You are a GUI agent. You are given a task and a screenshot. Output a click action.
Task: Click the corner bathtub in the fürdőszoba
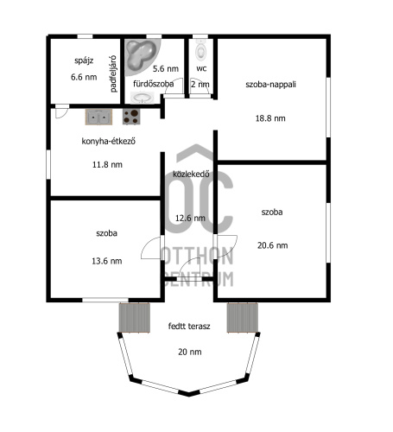pyautogui.click(x=142, y=56)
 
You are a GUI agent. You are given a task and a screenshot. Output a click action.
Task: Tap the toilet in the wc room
pyautogui.click(x=200, y=50)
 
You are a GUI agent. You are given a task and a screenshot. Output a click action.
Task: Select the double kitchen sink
pyautogui.click(x=98, y=117)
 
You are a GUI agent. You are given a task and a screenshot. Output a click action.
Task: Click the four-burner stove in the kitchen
pyautogui.click(x=131, y=117)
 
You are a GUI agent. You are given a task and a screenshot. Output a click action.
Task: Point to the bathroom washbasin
pyautogui.click(x=143, y=98)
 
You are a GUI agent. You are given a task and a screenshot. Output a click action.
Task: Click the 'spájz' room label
pyautogui.click(x=84, y=60)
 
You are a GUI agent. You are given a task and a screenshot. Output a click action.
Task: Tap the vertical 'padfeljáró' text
pyautogui.click(x=113, y=73)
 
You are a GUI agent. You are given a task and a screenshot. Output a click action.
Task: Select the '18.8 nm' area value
pyautogui.click(x=270, y=118)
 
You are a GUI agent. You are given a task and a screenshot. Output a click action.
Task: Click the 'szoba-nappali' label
pyautogui.click(x=270, y=85)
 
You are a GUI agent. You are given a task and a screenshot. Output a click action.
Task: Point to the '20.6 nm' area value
pyautogui.click(x=272, y=245)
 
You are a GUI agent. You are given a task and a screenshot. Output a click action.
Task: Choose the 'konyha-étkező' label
pyautogui.click(x=109, y=141)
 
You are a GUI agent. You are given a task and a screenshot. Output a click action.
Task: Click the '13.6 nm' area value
pyautogui.click(x=107, y=261)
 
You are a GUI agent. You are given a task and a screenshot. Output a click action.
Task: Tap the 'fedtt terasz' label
pyautogui.click(x=189, y=327)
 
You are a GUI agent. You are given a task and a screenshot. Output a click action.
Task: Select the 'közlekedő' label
pyautogui.click(x=191, y=174)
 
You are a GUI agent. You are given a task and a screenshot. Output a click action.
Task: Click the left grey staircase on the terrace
pyautogui.click(x=135, y=318)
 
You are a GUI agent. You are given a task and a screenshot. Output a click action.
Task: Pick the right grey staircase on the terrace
pyautogui.click(x=243, y=318)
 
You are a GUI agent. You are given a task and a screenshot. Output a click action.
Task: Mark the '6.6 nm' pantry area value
pyautogui.click(x=84, y=77)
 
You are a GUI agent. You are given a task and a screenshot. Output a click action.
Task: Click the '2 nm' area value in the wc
pyautogui.click(x=200, y=84)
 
